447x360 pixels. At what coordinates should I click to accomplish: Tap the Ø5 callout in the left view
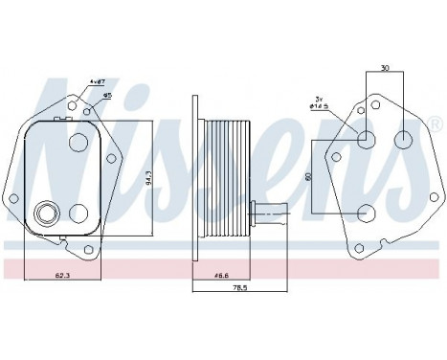pyautogui.click(x=107, y=96)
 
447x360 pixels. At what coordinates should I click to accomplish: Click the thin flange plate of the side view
pyautogui.click(x=194, y=173)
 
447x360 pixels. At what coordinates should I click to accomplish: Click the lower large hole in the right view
pyautogui.click(x=366, y=213)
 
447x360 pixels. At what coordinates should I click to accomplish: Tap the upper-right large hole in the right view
pyautogui.click(x=403, y=140)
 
